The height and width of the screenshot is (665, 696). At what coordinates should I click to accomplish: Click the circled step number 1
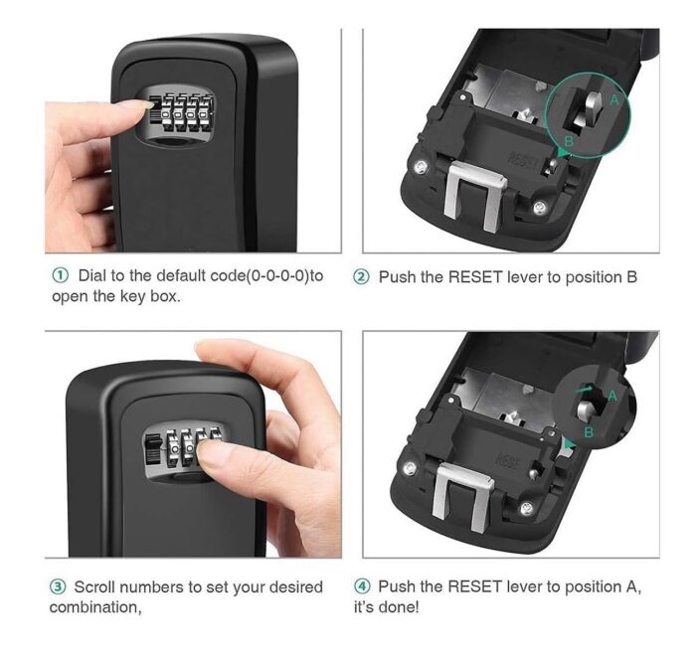click(61, 275)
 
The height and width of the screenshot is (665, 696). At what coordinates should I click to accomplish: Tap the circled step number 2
click(361, 277)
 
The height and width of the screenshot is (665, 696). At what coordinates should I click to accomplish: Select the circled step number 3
click(58, 586)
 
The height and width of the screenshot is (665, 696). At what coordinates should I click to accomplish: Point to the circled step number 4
click(362, 586)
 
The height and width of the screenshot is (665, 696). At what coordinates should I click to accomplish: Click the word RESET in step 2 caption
click(475, 277)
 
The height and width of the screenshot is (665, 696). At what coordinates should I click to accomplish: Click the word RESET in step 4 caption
click(475, 586)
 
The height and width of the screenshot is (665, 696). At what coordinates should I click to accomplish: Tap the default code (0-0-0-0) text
click(277, 276)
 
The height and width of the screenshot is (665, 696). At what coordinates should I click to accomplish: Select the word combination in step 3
click(95, 607)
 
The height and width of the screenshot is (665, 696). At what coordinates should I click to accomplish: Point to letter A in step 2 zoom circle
click(614, 100)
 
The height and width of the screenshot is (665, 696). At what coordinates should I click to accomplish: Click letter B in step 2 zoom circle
click(569, 141)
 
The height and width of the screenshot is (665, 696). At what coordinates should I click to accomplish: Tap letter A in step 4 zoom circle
click(613, 396)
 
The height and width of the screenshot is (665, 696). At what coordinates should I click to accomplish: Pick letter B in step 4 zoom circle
click(589, 431)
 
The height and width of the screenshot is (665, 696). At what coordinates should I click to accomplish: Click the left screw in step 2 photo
click(421, 167)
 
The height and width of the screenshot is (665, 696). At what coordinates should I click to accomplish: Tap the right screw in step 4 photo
click(527, 508)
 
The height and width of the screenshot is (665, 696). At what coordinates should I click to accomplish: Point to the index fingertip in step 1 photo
click(145, 104)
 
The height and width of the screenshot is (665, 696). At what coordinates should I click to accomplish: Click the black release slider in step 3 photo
click(153, 449)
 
